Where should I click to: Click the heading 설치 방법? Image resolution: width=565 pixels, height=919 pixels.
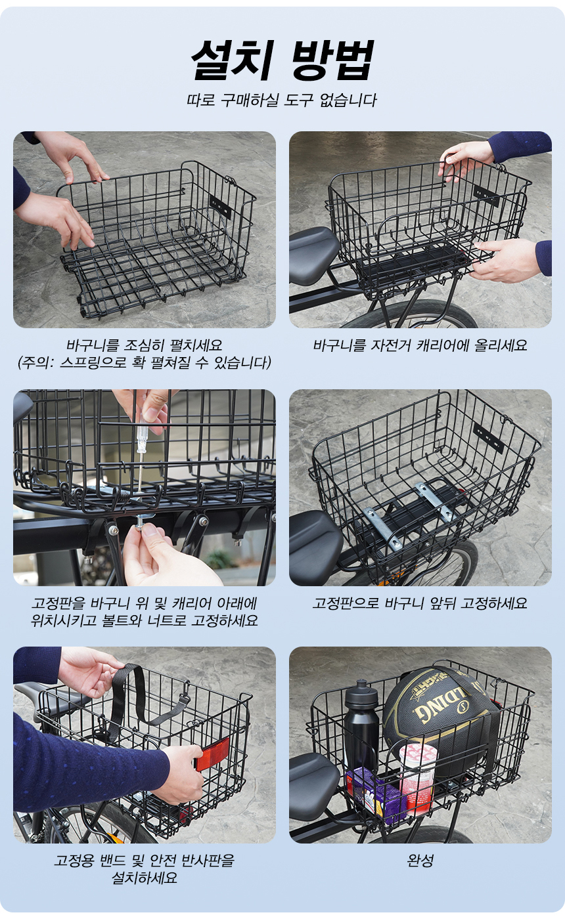point(282,60)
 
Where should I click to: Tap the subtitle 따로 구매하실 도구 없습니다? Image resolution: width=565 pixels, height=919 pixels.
point(282,100)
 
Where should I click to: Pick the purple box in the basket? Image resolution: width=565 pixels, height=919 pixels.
point(374,792)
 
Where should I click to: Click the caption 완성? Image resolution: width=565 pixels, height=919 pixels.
point(420,859)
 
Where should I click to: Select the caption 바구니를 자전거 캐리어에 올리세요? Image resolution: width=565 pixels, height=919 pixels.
point(420,345)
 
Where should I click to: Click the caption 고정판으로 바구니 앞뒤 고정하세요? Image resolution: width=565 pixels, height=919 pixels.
point(420,603)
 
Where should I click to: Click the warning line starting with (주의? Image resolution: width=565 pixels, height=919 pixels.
point(144,362)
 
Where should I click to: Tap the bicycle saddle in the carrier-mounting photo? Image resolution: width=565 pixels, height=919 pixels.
point(314,249)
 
